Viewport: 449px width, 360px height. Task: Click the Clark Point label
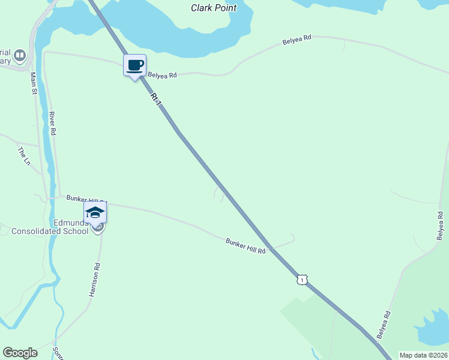point(214,8)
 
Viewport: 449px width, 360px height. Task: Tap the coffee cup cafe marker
point(134,65)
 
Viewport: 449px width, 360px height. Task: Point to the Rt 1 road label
point(156,100)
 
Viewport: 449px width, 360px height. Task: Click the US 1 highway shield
point(301,280)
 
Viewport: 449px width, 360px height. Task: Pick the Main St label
point(34,84)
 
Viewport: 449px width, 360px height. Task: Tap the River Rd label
point(52,123)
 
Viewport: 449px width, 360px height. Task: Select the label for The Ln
point(24,156)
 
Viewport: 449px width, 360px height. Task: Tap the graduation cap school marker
point(95,211)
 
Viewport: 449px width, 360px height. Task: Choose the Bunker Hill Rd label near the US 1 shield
point(246,246)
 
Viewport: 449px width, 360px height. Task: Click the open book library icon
point(20,56)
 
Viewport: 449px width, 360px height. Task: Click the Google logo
point(20,353)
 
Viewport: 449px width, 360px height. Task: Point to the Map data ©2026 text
point(423,355)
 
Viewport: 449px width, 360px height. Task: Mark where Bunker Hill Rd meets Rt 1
point(272,248)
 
